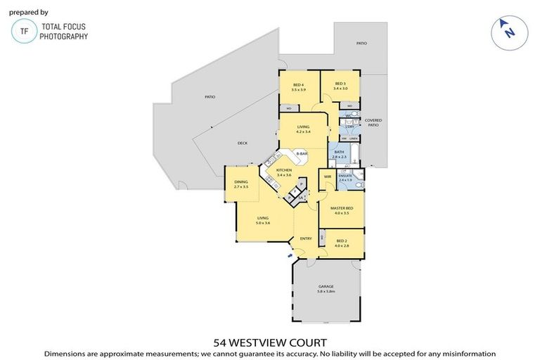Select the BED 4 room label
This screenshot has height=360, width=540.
coord(298,85)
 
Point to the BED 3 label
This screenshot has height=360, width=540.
coord(340,85)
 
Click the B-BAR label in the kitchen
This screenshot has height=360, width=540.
coord(302,153)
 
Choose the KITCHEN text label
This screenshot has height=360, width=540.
coord(284,171)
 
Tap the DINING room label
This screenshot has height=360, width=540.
coord(240,182)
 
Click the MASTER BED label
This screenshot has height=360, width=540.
coord(342,209)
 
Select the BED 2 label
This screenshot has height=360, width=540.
coord(342,240)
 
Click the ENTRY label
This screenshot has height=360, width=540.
coord(306,238)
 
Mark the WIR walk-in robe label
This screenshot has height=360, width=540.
coord(328,176)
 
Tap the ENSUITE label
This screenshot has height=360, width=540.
coord(346,176)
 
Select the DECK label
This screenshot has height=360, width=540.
coord(242,143)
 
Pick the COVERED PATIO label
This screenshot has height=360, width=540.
coord(373,122)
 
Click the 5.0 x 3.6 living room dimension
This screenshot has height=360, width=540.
coord(263,223)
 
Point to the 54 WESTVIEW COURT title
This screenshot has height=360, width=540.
coord(270,342)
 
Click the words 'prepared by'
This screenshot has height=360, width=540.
coord(29,12)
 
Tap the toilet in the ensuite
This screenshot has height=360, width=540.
coord(359,184)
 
